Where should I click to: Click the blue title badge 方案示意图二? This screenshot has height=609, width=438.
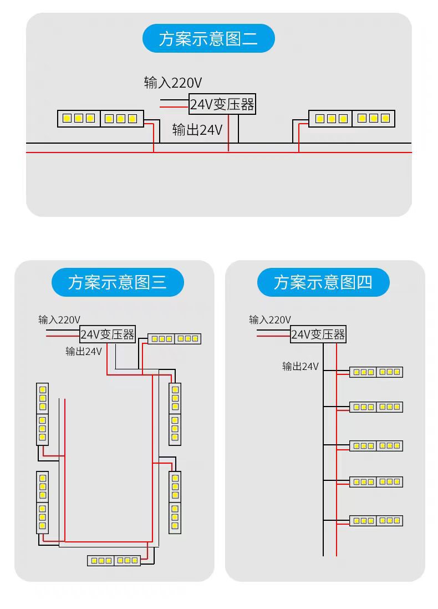(208, 39)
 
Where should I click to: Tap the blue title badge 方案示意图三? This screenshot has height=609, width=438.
(117, 282)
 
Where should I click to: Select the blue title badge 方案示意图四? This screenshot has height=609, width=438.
(323, 282)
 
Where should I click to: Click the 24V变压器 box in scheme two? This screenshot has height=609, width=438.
(222, 104)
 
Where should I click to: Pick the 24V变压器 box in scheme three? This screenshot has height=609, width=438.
(108, 334)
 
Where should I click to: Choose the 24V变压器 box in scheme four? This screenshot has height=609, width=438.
(318, 334)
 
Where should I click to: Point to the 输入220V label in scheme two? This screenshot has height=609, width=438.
(173, 83)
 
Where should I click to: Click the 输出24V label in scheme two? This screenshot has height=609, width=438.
(197, 130)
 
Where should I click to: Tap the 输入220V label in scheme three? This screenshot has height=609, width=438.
(59, 319)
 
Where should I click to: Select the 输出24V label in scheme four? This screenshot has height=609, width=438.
(301, 366)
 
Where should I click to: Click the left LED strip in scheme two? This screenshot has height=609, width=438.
(100, 119)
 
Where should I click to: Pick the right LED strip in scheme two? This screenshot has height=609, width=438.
(352, 119)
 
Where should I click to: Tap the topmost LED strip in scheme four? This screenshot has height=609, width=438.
(376, 372)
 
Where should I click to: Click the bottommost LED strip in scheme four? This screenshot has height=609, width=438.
(376, 521)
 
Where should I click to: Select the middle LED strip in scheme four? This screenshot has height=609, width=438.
(376, 446)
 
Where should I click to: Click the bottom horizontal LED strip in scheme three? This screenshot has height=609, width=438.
(114, 560)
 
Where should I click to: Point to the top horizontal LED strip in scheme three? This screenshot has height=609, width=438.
(174, 338)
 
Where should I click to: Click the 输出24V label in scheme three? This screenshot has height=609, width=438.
(84, 351)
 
